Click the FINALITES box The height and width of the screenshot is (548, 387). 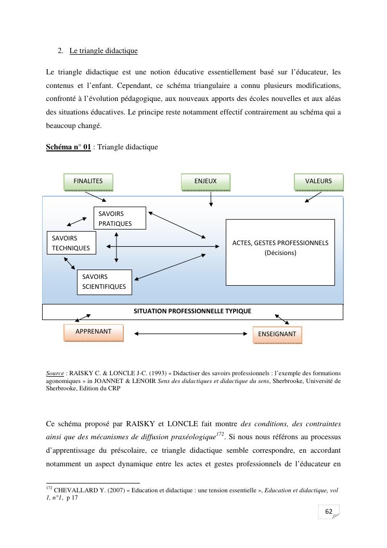88,182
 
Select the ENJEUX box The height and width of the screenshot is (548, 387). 205,182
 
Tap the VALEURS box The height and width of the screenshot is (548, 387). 318,182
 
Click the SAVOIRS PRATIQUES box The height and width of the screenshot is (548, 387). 120,219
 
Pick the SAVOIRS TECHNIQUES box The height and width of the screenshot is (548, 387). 71,243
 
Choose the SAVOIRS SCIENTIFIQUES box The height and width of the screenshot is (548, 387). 104,282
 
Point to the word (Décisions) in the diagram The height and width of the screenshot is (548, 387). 280,253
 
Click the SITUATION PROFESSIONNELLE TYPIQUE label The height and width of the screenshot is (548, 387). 192,311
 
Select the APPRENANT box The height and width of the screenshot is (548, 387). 94,332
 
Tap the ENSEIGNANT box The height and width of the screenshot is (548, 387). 277,335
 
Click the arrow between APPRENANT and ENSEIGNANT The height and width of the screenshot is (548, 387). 190,333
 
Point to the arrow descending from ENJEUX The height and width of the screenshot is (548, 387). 211,198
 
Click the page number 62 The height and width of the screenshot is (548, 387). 329,512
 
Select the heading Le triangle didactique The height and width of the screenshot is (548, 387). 104,50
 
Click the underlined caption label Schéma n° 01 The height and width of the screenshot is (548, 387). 68,147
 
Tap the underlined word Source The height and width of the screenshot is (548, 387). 55,373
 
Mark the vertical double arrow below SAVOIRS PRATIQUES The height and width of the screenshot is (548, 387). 116,247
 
